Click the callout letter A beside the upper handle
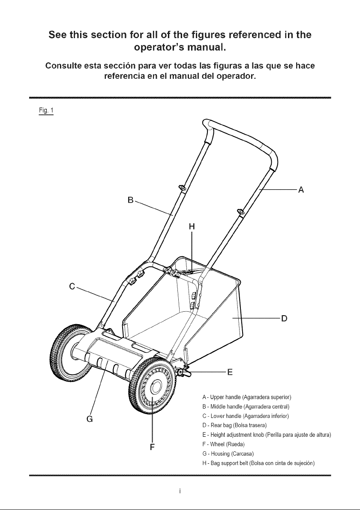[x=301, y=189]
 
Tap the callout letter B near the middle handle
[x=131, y=200]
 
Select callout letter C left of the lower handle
[x=72, y=286]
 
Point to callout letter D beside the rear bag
[x=284, y=318]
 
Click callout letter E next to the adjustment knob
[x=230, y=372]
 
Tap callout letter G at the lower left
[x=90, y=419]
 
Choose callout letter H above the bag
[x=192, y=227]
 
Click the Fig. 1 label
[x=46, y=110]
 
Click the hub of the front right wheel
[x=156, y=388]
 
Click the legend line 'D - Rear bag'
[x=234, y=426]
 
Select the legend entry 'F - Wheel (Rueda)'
[x=223, y=444]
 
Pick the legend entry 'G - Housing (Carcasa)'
[x=228, y=454]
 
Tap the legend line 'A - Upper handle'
[x=247, y=397]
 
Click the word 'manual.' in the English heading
[x=207, y=48]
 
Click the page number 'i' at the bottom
[x=180, y=491]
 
